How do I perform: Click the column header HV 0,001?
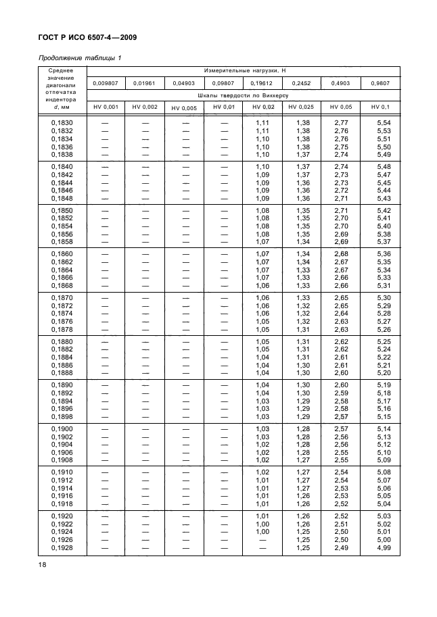106,107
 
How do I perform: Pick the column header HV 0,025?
301,107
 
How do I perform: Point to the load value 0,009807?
106,83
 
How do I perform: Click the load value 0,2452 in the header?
301,83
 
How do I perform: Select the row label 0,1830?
62,122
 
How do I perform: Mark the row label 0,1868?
62,285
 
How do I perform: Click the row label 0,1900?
62,430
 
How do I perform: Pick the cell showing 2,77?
342,122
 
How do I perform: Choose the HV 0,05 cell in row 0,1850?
342,210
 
